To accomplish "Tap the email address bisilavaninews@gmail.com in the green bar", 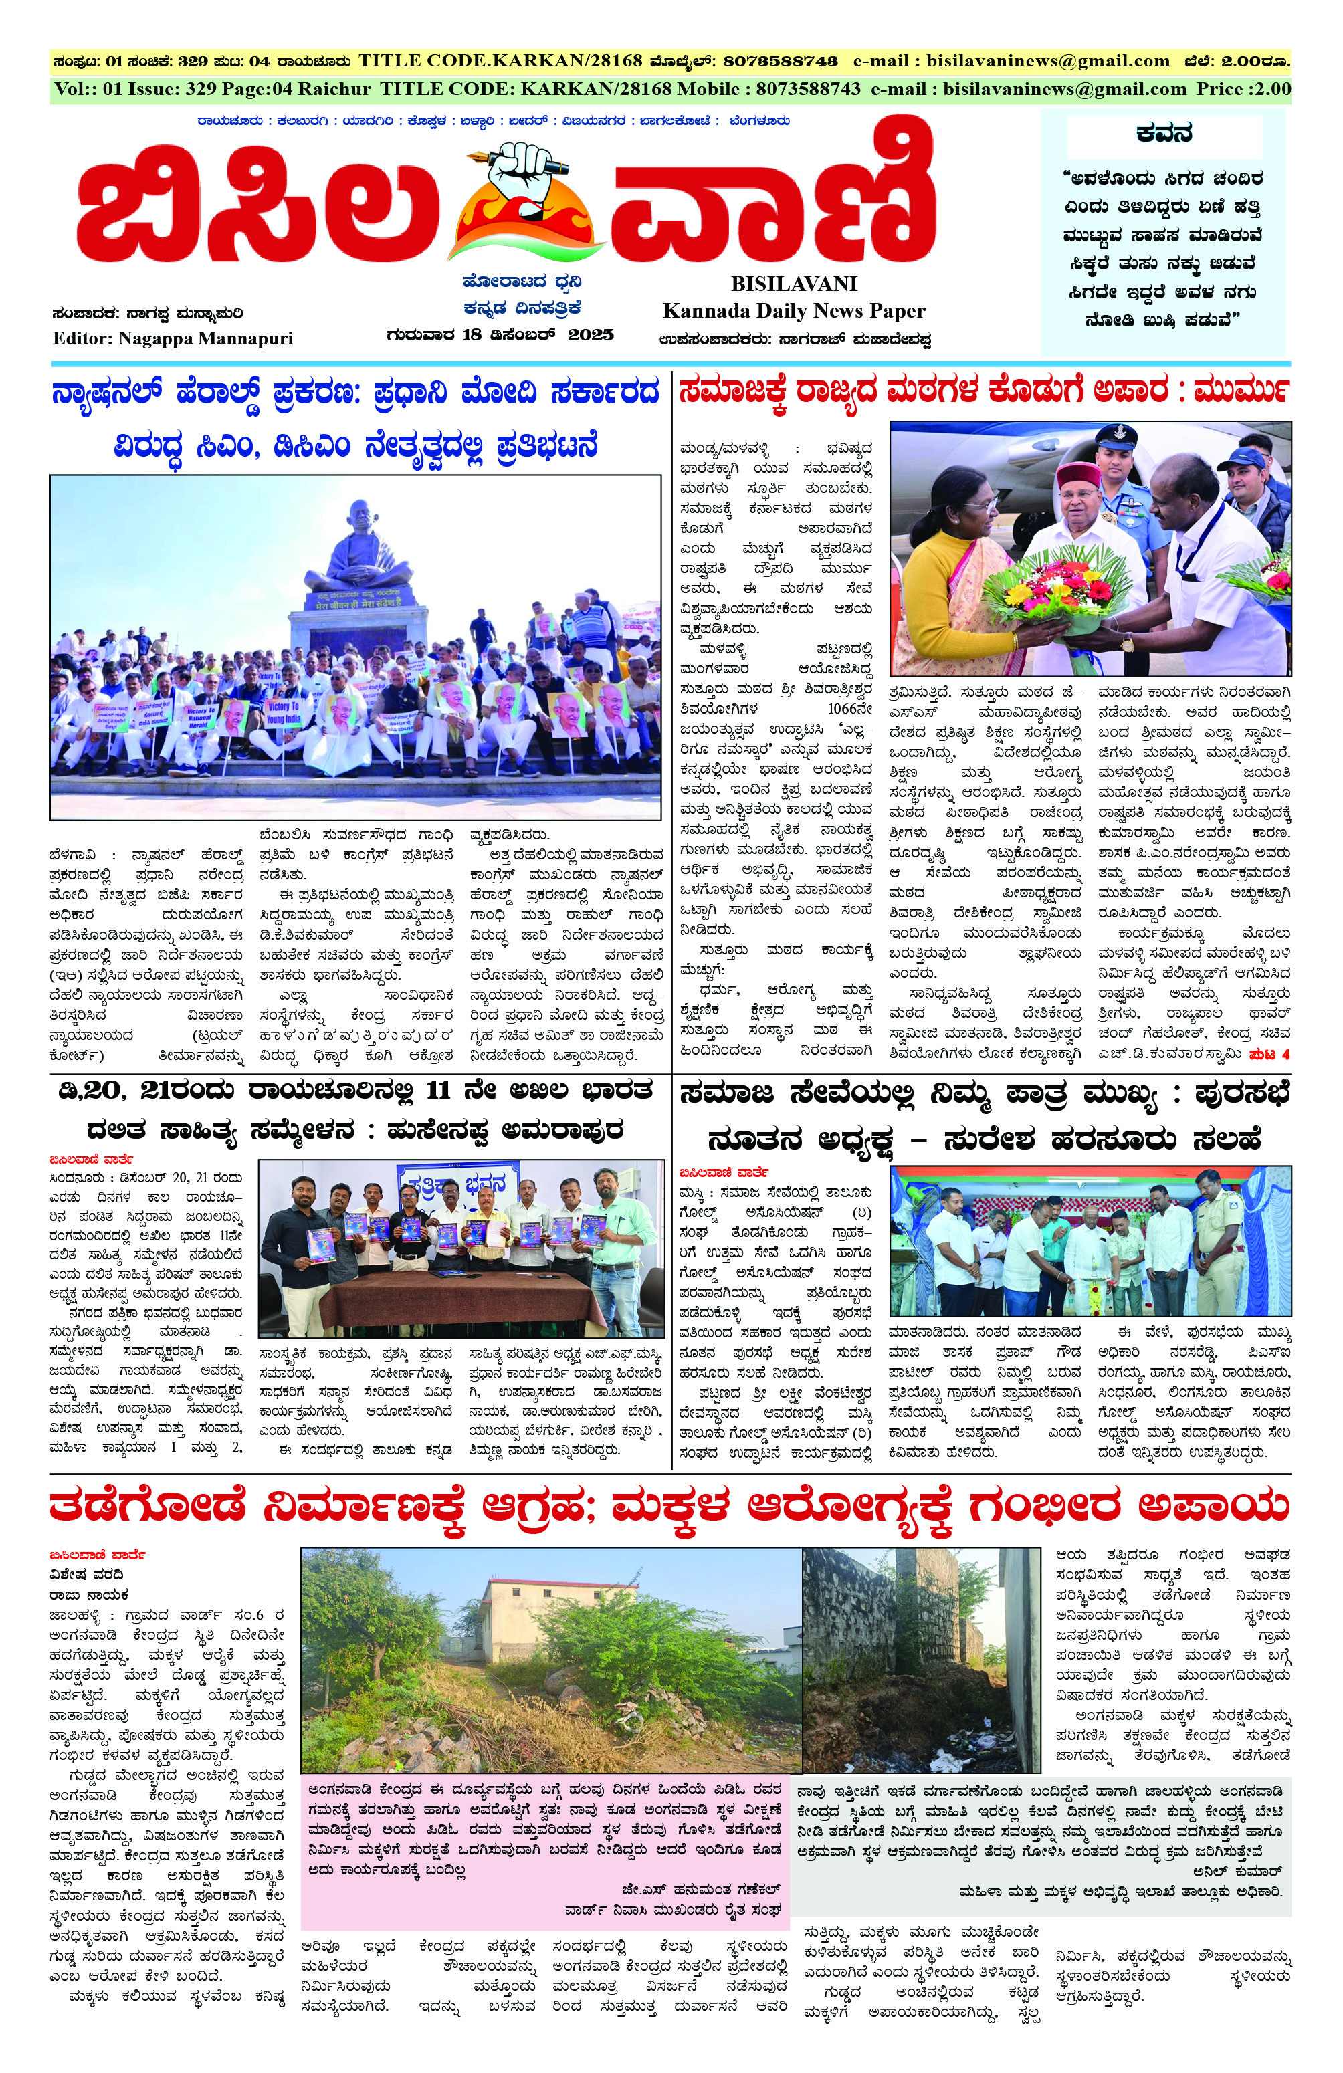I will click(1064, 89).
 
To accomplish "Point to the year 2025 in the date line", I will click(591, 334).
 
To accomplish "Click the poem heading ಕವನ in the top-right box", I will click(1162, 134).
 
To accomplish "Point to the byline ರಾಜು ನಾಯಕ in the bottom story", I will click(89, 1594).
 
